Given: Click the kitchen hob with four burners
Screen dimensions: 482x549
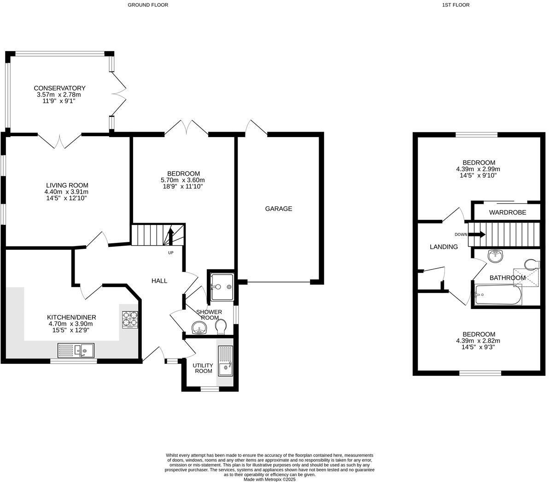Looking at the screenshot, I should (x=130, y=319).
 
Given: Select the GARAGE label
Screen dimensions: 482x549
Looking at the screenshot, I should (x=278, y=209).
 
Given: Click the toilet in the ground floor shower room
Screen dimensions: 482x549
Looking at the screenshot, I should (x=221, y=327).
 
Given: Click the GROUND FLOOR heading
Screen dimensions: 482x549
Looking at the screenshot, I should (x=148, y=5).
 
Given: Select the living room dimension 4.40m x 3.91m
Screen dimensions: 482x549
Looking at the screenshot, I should (x=66, y=192).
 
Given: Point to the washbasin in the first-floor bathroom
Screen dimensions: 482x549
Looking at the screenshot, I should (x=495, y=256).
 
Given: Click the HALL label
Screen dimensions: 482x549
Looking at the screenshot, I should (x=160, y=281).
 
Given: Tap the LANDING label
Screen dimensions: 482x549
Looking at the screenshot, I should (x=444, y=247).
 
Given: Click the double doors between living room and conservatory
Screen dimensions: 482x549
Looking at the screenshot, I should (x=60, y=140).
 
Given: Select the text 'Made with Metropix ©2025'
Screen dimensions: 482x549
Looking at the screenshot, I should (x=269, y=479).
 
